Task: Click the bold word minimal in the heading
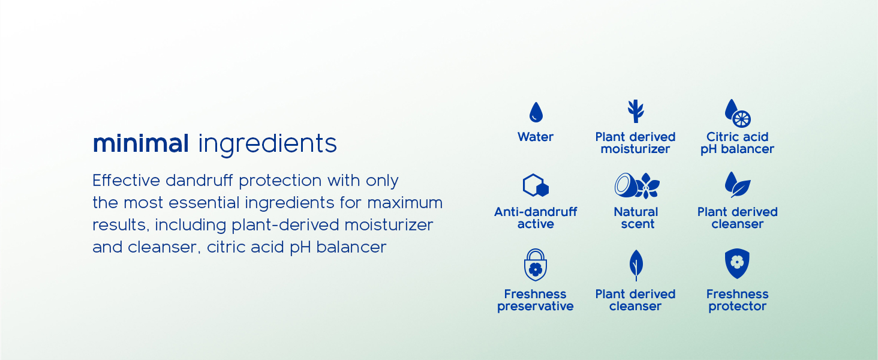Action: (141, 143)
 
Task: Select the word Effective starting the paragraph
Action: (126, 181)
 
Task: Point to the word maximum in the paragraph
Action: (405, 203)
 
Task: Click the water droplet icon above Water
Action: (536, 112)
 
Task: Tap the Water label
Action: (536, 137)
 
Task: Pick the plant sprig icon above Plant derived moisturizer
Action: (636, 111)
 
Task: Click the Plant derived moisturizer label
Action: (635, 143)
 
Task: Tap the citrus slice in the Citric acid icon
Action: (742, 119)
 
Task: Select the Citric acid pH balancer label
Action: (737, 143)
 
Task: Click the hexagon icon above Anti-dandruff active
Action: (536, 185)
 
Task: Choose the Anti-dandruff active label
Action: (536, 218)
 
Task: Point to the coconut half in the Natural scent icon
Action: (626, 185)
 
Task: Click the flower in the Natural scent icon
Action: (649, 185)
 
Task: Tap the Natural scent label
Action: (636, 218)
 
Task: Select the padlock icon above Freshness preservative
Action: (536, 265)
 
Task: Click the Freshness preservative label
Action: (536, 300)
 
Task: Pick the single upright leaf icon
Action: (636, 265)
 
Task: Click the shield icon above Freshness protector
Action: (737, 263)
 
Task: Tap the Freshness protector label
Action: (737, 300)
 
